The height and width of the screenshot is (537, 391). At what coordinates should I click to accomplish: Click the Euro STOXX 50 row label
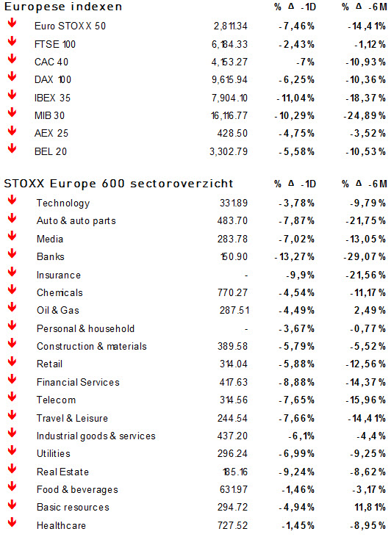click(x=70, y=26)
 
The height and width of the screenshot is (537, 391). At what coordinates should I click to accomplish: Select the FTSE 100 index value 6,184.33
click(x=229, y=44)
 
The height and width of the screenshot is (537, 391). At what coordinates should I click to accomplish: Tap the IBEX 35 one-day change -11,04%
click(x=295, y=98)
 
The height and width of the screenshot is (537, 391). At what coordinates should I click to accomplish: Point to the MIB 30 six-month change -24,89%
click(x=365, y=116)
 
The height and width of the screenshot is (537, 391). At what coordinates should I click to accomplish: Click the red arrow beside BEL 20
click(x=12, y=148)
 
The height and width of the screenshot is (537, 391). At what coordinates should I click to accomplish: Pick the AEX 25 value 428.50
click(x=232, y=133)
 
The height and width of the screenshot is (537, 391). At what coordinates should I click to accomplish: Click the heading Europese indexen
click(x=63, y=7)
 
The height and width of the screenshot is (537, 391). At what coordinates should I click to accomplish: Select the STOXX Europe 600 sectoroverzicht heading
click(x=118, y=184)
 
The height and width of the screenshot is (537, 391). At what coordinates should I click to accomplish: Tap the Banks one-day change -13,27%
click(x=295, y=256)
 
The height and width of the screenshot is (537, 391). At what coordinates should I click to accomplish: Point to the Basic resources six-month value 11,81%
click(x=370, y=507)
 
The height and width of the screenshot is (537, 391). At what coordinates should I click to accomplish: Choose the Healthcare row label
click(x=61, y=525)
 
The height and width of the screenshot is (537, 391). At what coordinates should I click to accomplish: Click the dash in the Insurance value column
click(x=246, y=275)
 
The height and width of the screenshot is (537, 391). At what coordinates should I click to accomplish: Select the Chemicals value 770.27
click(x=232, y=292)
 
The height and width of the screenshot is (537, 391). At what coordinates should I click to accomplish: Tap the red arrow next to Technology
click(x=12, y=200)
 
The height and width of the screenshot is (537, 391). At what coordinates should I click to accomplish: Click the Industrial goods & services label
click(x=96, y=436)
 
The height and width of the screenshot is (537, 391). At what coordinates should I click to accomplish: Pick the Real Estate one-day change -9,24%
click(x=296, y=472)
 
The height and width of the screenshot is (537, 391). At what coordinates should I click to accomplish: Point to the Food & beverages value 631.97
click(x=234, y=490)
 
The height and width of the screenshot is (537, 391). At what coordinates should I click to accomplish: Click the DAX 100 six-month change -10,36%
click(x=365, y=80)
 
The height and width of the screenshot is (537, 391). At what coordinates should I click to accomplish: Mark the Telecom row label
click(x=56, y=400)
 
